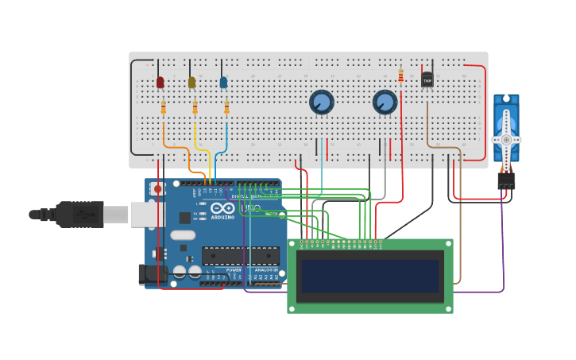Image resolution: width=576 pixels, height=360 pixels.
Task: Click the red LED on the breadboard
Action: (x=160, y=82)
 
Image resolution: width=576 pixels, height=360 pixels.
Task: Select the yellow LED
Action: (x=191, y=82)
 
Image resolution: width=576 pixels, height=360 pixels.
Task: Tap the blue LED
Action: (x=223, y=82)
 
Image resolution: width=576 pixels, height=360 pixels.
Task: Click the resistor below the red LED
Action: (x=164, y=107)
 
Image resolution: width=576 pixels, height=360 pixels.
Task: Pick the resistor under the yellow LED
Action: (x=195, y=107)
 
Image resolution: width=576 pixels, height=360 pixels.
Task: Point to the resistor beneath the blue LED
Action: (x=226, y=107)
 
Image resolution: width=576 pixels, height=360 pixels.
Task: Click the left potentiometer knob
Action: (x=321, y=103)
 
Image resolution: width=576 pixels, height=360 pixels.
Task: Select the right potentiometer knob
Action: (x=385, y=103)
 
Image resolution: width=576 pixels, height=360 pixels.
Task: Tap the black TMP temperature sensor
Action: (x=427, y=79)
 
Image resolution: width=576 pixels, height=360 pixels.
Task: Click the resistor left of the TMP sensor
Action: (x=400, y=75)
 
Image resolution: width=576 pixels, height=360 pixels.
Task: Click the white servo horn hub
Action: (x=506, y=139)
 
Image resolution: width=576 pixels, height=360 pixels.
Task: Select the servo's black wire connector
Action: (x=506, y=181)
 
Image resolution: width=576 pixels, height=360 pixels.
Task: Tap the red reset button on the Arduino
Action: (x=157, y=189)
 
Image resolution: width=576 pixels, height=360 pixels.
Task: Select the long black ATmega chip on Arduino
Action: (x=240, y=255)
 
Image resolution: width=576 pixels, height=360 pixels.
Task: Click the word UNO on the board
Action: (x=251, y=208)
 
